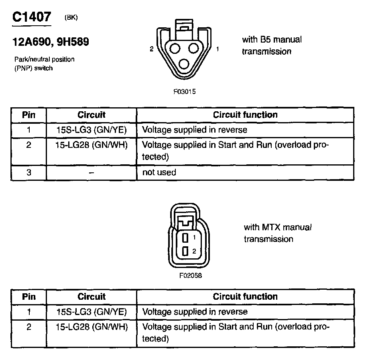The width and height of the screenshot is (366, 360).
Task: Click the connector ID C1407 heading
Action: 32,17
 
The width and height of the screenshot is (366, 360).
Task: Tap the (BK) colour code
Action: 71,17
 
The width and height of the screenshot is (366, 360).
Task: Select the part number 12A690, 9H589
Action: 51,42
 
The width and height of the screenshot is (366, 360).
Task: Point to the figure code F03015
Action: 184,91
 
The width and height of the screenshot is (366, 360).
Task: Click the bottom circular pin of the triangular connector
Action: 185,64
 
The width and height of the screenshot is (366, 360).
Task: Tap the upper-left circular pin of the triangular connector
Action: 175,49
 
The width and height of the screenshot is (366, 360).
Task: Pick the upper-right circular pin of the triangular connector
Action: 194,49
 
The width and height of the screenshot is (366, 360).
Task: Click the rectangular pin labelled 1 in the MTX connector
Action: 185,237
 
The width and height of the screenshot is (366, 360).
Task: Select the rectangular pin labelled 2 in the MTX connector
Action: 185,252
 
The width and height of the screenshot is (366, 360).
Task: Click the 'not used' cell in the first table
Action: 159,172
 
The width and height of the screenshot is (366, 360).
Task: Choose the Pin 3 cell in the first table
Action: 28,172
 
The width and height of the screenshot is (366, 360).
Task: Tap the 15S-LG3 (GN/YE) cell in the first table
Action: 91,130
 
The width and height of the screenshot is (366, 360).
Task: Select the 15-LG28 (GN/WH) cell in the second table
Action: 91,327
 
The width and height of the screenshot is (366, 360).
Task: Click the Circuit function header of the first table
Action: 245,115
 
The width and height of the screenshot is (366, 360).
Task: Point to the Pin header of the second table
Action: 28,297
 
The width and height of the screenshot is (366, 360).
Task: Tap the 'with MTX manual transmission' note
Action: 277,233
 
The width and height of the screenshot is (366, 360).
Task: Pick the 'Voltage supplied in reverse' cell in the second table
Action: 195,312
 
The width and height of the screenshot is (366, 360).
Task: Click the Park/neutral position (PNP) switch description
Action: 44,63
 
